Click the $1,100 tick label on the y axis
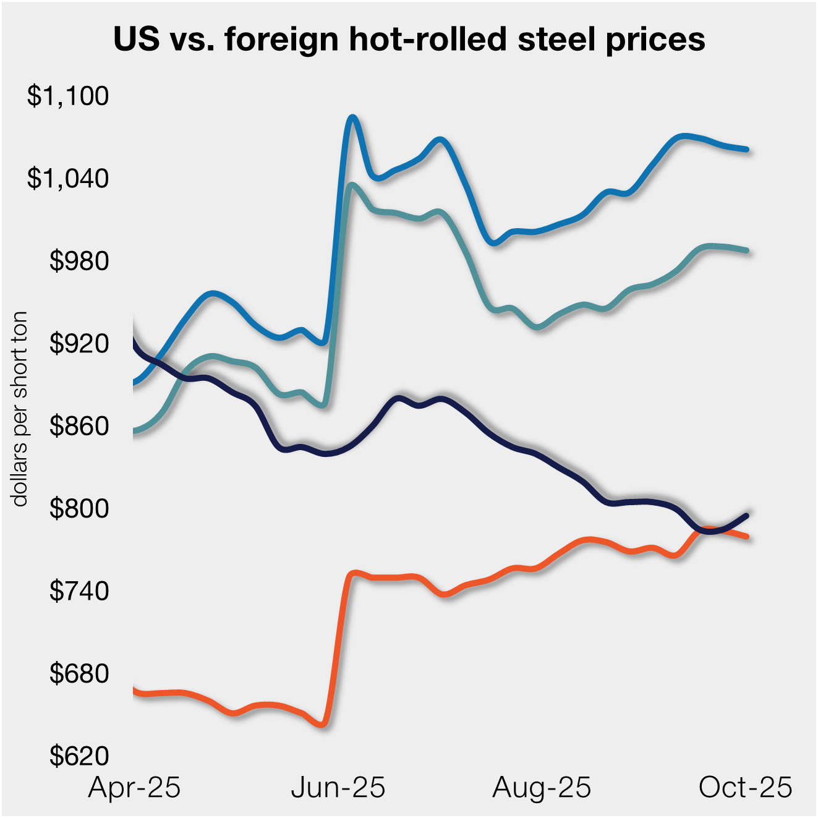pos(68,96)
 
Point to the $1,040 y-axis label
pos(68,178)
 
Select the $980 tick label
pos(79,261)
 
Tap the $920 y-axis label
pos(79,343)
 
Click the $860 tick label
pos(79,426)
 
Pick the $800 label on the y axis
pos(79,508)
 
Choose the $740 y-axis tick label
pos(79,591)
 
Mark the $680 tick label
pos(79,673)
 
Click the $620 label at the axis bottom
pos(79,756)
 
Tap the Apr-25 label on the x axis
pos(134,788)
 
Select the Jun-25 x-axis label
pos(338,788)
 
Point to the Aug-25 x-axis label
pos(542,788)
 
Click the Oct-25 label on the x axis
pos(745,788)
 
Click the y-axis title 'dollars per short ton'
pos(20,409)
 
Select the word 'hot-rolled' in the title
pos(427,40)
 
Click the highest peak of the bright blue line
pos(352,117)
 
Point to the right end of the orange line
pos(747,536)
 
